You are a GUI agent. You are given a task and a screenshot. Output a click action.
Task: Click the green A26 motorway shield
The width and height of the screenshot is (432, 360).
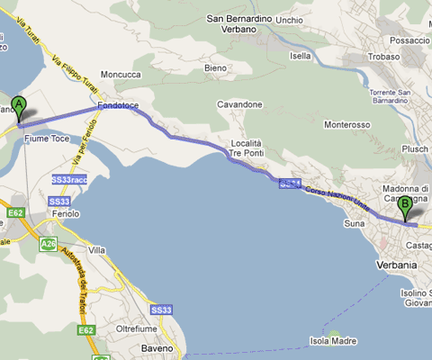coord(45,243)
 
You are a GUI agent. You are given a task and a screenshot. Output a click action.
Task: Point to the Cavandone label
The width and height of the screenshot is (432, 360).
coord(239,104)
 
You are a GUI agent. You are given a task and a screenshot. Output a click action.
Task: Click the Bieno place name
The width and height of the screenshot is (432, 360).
coord(216,67)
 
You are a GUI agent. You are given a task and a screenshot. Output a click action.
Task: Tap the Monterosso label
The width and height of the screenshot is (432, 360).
coord(346,124)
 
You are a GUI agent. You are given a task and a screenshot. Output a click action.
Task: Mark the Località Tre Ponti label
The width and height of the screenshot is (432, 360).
coord(245,148)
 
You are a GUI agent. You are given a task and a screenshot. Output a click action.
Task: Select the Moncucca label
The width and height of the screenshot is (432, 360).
coord(121,75)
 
